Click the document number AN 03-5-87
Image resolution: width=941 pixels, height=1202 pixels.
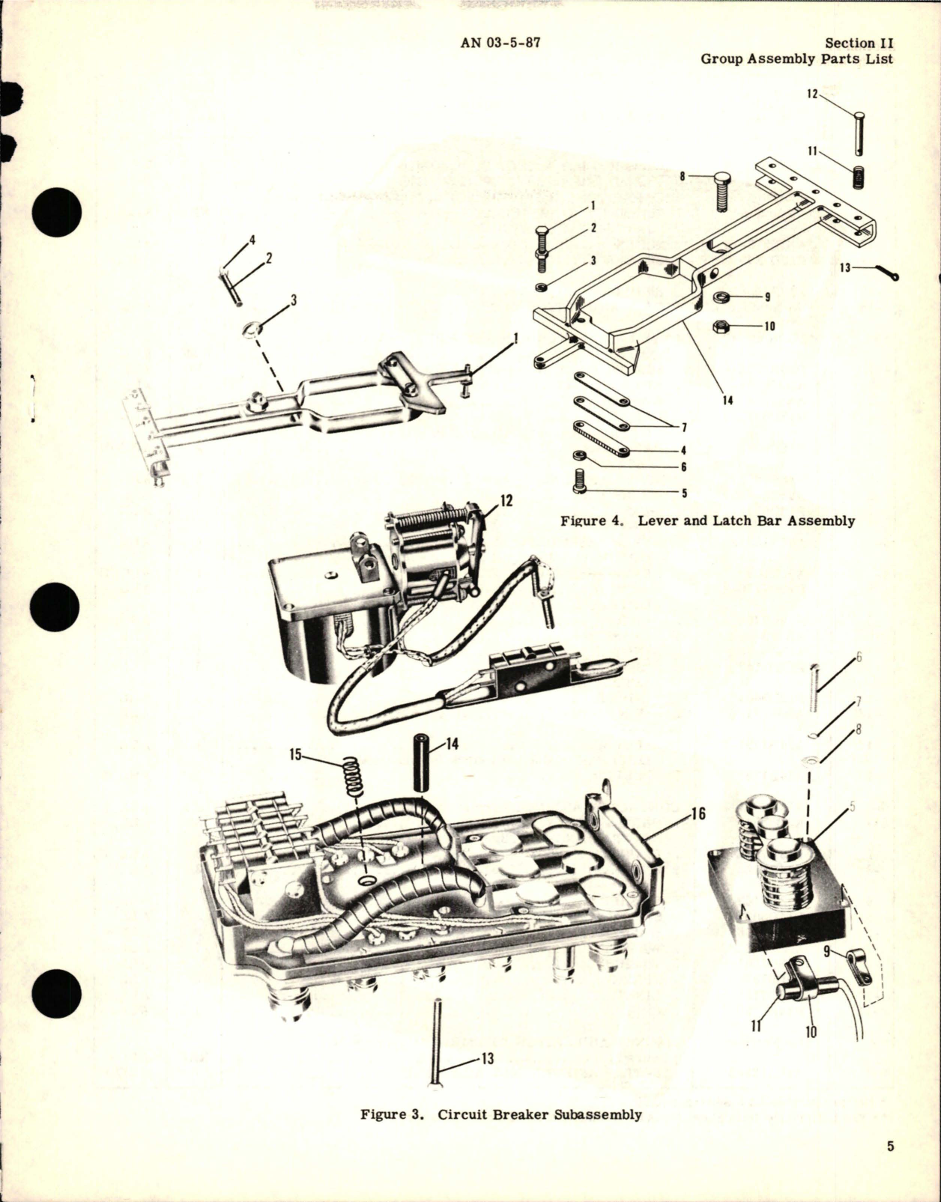click(x=500, y=43)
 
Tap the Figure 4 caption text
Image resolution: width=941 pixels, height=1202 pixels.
click(x=707, y=520)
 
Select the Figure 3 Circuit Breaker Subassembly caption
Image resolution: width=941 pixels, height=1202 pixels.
click(x=500, y=1114)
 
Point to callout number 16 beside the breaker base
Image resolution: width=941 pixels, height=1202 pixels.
click(x=698, y=813)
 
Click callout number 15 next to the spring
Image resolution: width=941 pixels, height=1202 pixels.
click(x=297, y=754)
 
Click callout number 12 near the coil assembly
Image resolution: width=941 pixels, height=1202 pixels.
click(x=506, y=501)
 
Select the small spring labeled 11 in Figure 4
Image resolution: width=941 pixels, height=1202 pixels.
click(x=859, y=178)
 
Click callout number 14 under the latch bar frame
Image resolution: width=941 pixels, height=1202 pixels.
click(x=727, y=401)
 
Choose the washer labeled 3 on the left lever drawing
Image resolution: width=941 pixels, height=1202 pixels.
click(x=254, y=329)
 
